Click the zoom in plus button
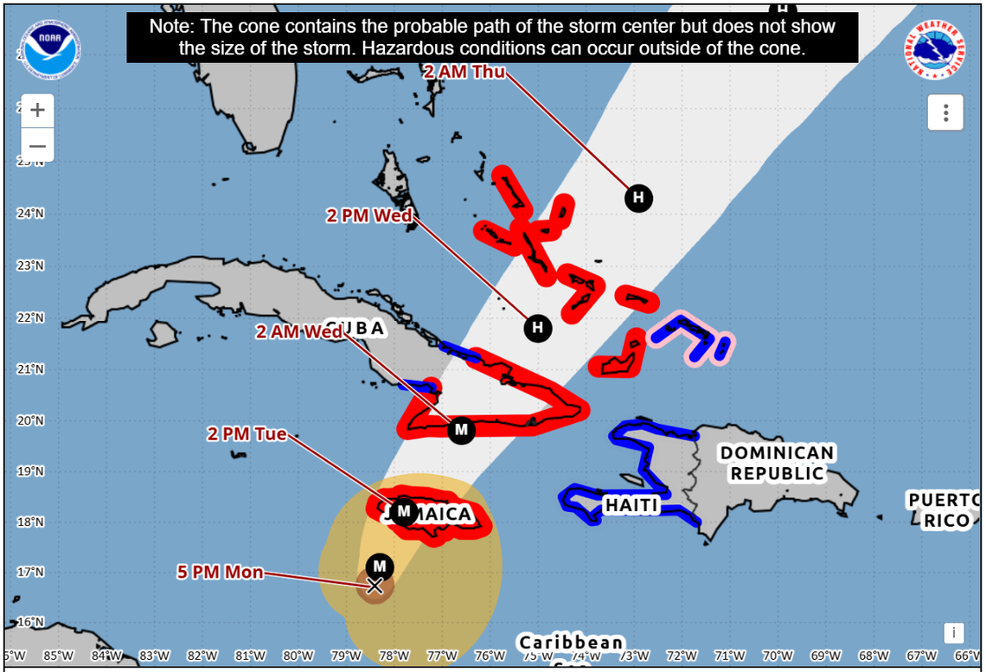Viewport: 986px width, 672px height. pos(37,111)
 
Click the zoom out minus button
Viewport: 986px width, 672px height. pos(37,145)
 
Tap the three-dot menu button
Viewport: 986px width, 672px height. pos(946,112)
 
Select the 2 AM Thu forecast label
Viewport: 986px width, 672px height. pos(464,72)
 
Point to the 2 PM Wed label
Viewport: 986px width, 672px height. pos(369,215)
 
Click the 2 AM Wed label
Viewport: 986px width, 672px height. pos(299,331)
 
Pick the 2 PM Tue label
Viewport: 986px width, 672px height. pos(246,433)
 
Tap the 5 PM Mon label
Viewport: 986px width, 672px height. pos(220,572)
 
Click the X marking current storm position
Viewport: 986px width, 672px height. pos(375,586)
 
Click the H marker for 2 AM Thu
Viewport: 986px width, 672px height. pos(638,198)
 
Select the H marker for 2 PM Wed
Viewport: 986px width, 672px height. pos(537,328)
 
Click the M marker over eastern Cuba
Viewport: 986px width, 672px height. pos(461,430)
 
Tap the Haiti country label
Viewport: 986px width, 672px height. pos(631,505)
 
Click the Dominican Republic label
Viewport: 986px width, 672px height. pos(778,463)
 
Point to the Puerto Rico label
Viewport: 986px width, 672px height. pos(944,510)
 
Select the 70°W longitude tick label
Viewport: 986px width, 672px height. pos(778,656)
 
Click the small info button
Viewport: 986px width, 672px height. pos(953,633)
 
